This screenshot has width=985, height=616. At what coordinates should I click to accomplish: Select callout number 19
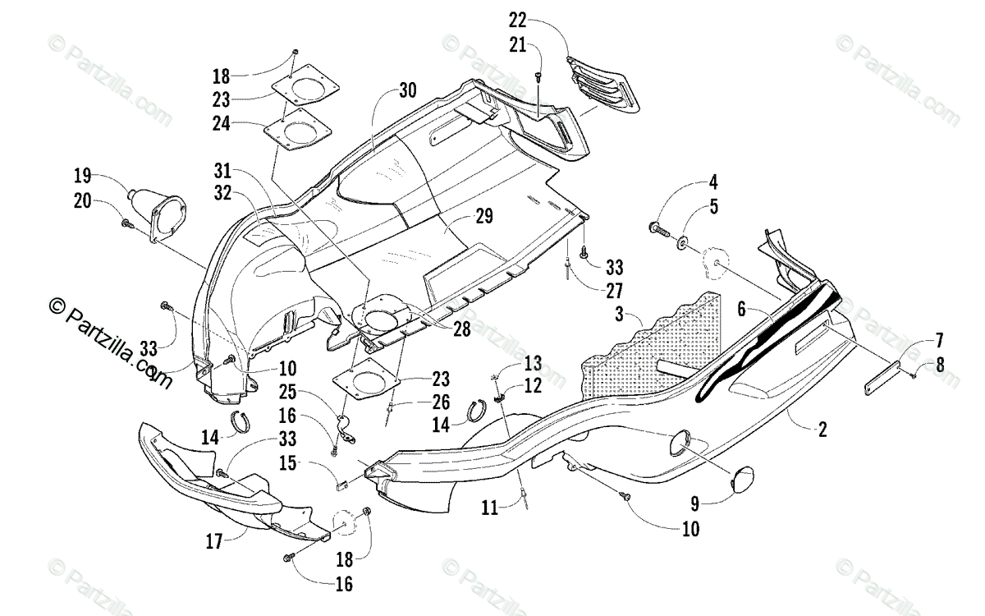coord(82,175)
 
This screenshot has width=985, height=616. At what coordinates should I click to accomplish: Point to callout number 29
coord(483,217)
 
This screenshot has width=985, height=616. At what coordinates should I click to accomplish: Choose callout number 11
coord(489,509)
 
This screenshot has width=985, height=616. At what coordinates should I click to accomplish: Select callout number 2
coord(822,428)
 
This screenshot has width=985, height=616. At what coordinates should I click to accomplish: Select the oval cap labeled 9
coord(745,478)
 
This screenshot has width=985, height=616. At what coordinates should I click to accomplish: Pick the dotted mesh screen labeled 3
coord(648,345)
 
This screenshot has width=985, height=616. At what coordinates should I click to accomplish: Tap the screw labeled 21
coord(538,76)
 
